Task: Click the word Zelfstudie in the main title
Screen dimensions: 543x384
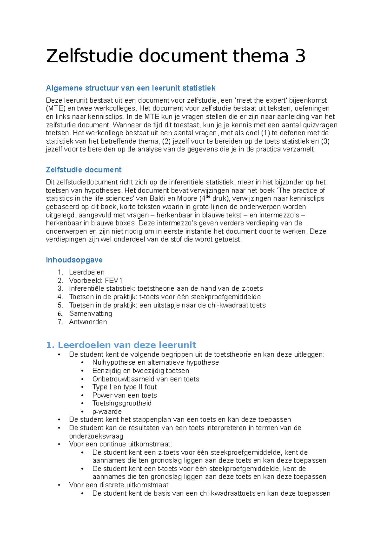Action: coord(89,56)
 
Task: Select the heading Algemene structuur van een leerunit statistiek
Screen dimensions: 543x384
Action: coord(131,88)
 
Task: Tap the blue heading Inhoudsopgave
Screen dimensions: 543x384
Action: coord(74,260)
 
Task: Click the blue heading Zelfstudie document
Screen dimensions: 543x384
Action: coord(84,170)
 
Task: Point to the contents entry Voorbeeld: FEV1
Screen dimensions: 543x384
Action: coord(96,280)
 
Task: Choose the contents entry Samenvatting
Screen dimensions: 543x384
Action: coord(91,313)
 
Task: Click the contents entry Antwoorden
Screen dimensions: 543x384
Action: coord(88,322)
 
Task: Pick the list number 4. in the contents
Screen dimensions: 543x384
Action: coord(60,297)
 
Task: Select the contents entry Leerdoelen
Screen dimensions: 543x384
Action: coord(87,272)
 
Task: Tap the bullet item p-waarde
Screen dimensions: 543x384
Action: coord(107,412)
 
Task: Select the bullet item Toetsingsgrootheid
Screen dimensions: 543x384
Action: coord(122,403)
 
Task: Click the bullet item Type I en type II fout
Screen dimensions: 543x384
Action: coord(124,387)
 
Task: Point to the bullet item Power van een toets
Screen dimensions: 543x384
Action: coord(124,395)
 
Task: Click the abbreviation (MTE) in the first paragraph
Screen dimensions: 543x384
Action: coord(56,108)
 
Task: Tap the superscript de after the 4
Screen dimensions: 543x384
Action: coord(208,196)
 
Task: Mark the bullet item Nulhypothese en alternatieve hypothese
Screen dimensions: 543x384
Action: coord(156,362)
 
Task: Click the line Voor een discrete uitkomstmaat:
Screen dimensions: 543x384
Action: coord(119,485)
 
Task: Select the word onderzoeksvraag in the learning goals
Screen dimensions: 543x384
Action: coord(96,436)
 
